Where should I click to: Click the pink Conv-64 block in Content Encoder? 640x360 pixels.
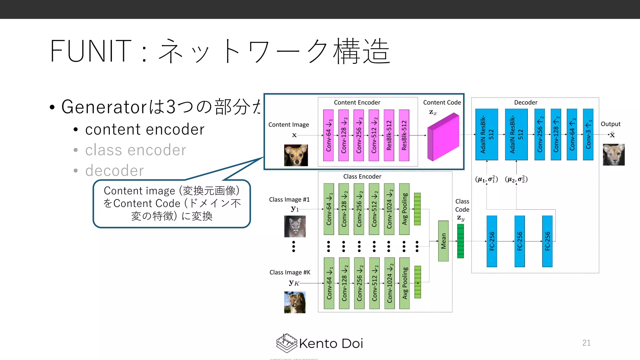click(328, 135)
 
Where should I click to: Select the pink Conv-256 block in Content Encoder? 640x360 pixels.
click(359, 135)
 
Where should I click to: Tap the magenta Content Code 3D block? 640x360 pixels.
click(443, 137)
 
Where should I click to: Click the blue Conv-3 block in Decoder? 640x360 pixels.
click(588, 134)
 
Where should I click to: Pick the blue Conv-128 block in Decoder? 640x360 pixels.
click(556, 134)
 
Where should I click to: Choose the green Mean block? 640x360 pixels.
click(443, 241)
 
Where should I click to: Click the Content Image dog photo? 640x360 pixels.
click(296, 155)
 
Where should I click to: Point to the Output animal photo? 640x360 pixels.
click(613, 154)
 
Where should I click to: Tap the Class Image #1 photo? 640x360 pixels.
click(295, 226)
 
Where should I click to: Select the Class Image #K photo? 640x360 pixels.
click(295, 302)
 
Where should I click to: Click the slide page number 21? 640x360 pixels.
click(587, 343)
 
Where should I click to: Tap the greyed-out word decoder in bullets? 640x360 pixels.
click(114, 171)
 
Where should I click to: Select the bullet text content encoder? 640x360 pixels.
click(145, 129)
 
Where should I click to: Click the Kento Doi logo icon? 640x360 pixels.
click(286, 343)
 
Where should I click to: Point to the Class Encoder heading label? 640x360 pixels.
click(362, 177)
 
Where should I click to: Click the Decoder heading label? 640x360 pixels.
click(526, 102)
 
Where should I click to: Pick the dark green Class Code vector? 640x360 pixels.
click(460, 241)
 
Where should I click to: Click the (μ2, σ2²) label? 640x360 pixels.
click(516, 179)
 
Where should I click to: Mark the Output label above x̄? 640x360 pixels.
click(611, 124)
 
